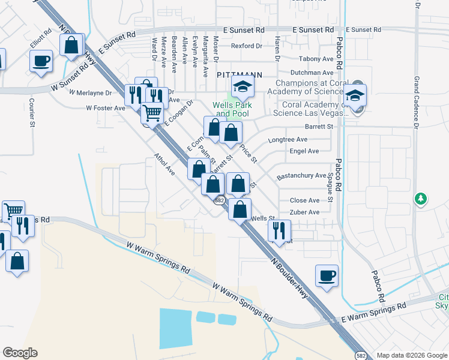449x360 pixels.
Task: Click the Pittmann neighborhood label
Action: (x=239, y=74)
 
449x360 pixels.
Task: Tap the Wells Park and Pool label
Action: (x=232, y=109)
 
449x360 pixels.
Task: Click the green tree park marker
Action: (x=421, y=199)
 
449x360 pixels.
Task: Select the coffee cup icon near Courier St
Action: (x=41, y=61)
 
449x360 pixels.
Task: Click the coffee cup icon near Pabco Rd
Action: (x=327, y=276)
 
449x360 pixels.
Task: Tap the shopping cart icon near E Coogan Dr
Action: (x=152, y=112)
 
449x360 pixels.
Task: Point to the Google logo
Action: (x=20, y=353)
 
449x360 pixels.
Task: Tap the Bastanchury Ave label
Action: (x=301, y=176)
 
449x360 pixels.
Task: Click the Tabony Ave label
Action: (x=316, y=59)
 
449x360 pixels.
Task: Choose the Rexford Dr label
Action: (x=247, y=46)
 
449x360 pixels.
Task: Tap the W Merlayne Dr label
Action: (x=91, y=93)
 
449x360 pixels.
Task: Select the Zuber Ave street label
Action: (x=304, y=212)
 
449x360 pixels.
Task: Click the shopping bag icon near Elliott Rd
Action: (x=71, y=45)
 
